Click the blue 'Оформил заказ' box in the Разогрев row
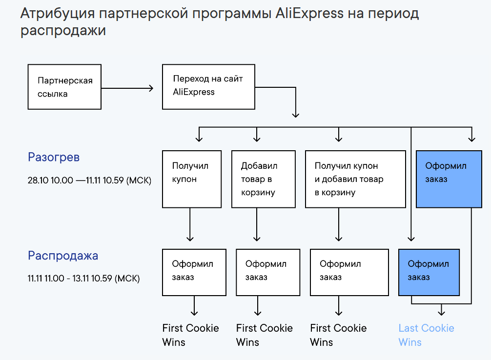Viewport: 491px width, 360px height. pos(449,179)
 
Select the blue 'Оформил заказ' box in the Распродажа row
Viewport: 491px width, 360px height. pos(429,272)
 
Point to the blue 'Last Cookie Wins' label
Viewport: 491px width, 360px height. pos(426,335)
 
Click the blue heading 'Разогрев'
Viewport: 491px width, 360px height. pos(54,157)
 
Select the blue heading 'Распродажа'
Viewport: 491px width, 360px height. pos(63,256)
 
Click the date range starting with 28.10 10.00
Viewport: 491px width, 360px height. pos(89,180)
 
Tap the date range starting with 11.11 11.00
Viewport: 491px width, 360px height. pos(83,279)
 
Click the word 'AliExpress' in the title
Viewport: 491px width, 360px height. pos(309,14)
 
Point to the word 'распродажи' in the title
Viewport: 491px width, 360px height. pos(63,31)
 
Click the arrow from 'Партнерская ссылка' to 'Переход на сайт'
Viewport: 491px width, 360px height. pos(127,88)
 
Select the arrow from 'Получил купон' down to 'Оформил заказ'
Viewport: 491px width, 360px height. pos(190,224)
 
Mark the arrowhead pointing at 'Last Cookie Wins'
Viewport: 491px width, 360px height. pos(442,313)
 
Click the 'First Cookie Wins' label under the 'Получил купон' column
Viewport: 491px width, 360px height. pos(190,335)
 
